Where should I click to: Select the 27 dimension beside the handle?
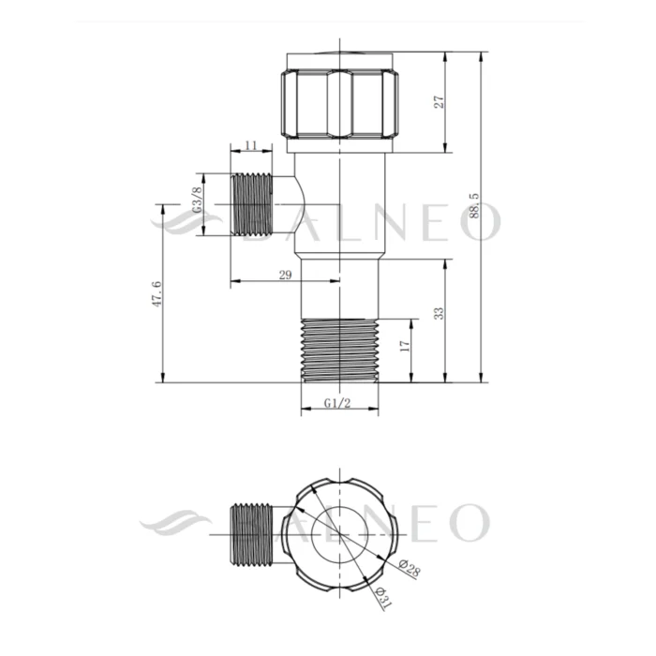coord(439,101)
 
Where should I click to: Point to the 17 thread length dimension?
coord(404,347)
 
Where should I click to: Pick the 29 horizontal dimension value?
coord(285,275)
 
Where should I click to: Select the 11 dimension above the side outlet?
coord(250,145)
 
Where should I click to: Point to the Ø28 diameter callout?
coord(408,569)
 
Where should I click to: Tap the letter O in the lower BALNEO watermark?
coord(469,522)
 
